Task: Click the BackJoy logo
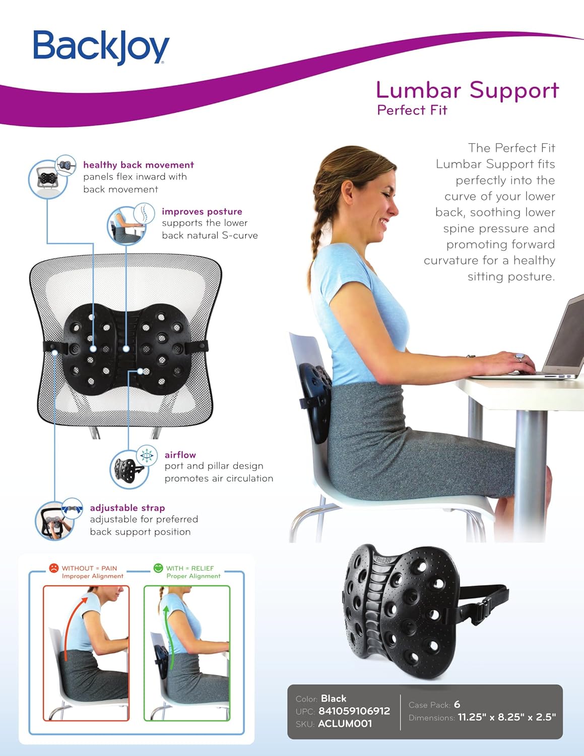(x=101, y=47)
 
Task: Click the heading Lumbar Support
(x=467, y=91)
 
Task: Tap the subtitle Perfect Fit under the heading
(x=412, y=110)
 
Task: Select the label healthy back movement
(x=138, y=165)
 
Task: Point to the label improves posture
(x=202, y=212)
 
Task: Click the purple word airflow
(x=180, y=455)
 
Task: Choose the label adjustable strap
(x=127, y=508)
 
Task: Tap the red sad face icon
(x=53, y=568)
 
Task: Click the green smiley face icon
(x=158, y=568)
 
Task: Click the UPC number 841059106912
(x=354, y=711)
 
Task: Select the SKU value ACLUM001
(x=345, y=724)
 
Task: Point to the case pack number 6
(x=457, y=705)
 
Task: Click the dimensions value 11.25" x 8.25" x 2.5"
(x=506, y=717)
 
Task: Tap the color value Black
(x=334, y=699)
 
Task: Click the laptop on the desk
(x=559, y=343)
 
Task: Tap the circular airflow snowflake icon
(x=147, y=455)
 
